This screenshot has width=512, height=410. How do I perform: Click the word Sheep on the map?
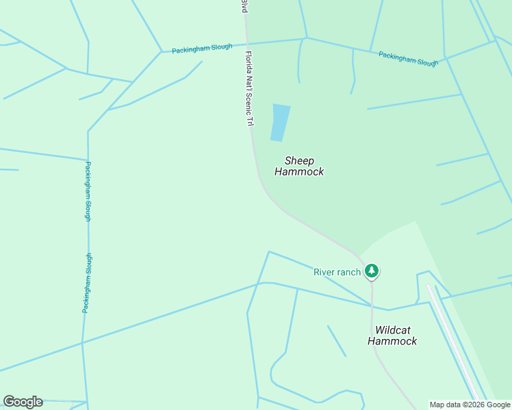299,161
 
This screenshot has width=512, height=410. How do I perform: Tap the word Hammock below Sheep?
299,172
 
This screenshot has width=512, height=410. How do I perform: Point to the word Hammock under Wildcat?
392,341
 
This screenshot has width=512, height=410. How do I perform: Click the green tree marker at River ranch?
371,271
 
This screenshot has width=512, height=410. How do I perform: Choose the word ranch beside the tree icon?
348,272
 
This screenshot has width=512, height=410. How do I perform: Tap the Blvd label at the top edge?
244,5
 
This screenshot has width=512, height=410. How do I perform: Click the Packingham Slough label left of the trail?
202,49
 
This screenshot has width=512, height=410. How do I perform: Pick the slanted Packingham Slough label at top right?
408,59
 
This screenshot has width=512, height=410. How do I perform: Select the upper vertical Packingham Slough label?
88,191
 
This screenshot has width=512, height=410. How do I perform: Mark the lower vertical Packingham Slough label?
87,283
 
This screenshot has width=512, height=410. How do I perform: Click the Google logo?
23,402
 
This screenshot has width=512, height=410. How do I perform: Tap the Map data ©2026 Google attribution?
470,405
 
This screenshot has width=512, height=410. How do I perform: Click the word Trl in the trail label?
251,121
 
